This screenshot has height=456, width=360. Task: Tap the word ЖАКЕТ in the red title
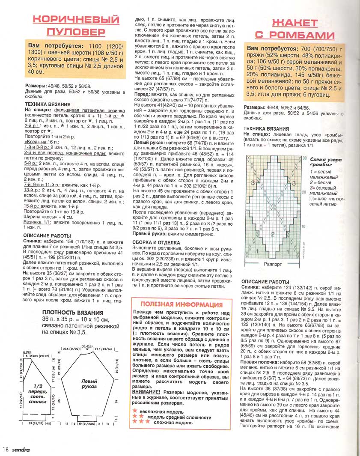click(x=295, y=23)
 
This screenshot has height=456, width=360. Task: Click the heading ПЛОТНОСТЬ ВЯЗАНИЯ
click(x=72, y=313)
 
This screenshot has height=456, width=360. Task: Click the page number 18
click(x=5, y=450)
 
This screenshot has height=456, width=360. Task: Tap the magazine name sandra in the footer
click(x=20, y=450)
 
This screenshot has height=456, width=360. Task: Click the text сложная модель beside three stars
click(x=173, y=422)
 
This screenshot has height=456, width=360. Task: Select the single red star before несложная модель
click(x=136, y=411)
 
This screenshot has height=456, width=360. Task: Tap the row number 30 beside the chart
click(x=304, y=158)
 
